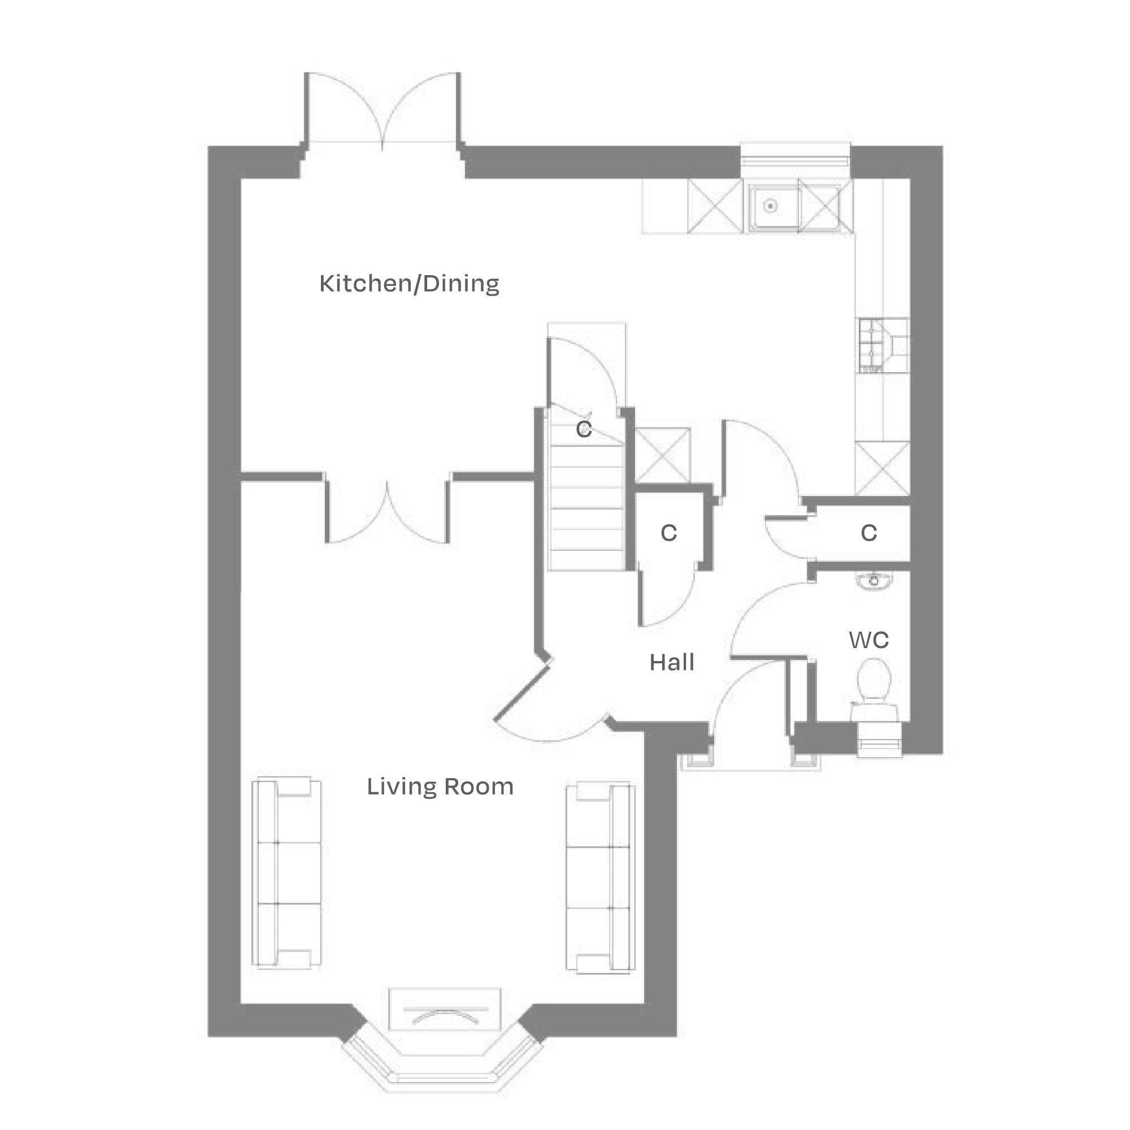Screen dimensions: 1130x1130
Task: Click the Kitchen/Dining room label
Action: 409,284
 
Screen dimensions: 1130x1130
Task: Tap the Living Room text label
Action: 440,787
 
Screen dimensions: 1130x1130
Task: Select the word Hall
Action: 671,663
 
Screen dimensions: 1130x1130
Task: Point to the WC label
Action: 868,641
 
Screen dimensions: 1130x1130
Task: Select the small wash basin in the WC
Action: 874,581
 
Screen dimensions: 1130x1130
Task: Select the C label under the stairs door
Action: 584,429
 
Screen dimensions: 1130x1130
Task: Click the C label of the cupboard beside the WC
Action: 868,533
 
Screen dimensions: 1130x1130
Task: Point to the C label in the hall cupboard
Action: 668,533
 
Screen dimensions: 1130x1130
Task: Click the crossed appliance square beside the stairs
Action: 663,455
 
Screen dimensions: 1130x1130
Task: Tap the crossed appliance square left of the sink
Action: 715,206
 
